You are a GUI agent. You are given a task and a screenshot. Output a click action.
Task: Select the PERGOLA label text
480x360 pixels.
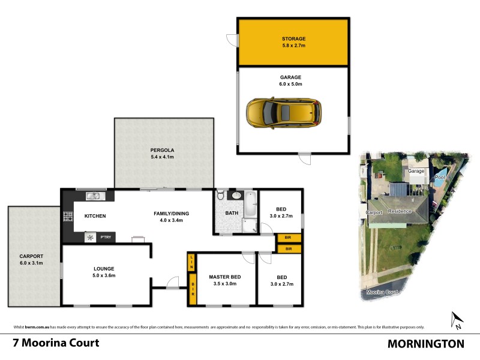coord(161,149)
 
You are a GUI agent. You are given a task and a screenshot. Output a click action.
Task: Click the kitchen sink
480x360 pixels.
coord(94,195)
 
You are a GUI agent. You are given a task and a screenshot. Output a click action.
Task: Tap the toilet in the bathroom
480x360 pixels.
coord(221,196)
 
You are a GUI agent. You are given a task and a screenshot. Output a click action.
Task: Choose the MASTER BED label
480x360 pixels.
coord(225,277)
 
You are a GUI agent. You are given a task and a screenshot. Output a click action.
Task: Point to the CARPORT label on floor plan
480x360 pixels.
coord(31,256)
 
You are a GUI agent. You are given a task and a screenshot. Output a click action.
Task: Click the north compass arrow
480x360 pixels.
coord(455,320)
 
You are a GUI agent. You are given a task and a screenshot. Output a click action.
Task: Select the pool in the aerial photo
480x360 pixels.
coord(440,175)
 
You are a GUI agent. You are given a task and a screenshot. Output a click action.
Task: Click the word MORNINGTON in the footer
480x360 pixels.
coord(426,344)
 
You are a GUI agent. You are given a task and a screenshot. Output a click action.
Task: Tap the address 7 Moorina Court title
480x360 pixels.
coord(56,343)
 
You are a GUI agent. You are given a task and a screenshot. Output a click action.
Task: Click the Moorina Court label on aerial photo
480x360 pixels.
coord(382,292)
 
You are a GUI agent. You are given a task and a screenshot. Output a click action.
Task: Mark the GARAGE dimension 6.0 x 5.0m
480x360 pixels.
coord(290,85)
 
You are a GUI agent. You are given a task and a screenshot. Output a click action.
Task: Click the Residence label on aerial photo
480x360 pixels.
coord(399,211)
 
